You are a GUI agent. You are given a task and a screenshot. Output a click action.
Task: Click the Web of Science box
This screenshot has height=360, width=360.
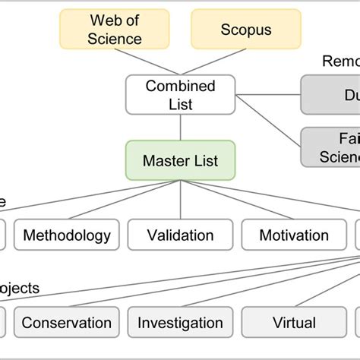(115, 30)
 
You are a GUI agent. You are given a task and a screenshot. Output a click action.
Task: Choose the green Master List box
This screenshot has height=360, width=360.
(179, 160)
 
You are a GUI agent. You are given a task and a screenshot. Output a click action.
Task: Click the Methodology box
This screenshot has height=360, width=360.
(67, 235)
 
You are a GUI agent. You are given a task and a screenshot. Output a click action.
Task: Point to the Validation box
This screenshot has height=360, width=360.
(180, 235)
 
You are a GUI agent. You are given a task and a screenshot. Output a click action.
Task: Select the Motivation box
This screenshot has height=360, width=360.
(294, 235)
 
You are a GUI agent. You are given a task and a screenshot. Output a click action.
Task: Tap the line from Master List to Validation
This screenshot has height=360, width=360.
(180, 199)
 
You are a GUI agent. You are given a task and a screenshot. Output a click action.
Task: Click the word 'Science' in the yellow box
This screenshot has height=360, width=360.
(115, 38)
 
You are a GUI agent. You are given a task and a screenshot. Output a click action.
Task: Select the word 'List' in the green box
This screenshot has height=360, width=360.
(203, 160)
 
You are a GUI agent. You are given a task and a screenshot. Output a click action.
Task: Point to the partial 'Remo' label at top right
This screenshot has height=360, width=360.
(340, 61)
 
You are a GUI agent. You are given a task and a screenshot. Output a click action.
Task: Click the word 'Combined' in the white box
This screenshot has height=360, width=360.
(180, 87)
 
